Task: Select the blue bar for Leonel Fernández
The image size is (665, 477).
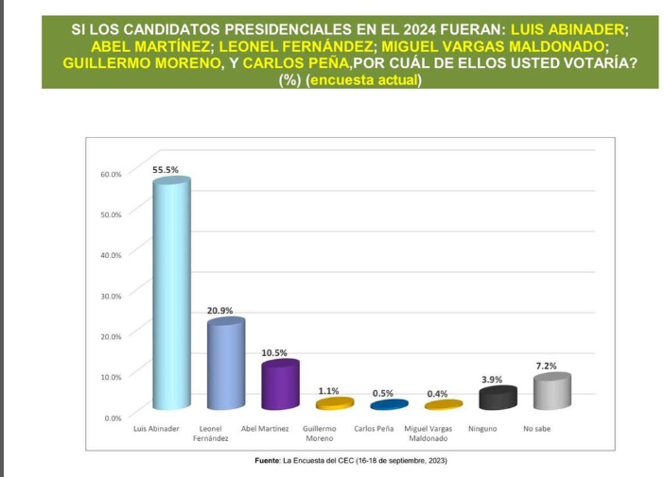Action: coord(226,365)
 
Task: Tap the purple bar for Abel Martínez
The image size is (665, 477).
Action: coord(280,385)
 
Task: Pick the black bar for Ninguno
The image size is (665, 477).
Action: coord(497,398)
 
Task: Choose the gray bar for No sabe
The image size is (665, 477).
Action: coord(551,391)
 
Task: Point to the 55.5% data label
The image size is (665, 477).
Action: coord(166,169)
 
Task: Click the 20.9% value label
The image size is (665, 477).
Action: coord(219,310)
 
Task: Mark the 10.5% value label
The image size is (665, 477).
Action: coord(274,352)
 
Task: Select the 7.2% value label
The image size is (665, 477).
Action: coord(546,366)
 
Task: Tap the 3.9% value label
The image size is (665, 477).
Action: coord(491,379)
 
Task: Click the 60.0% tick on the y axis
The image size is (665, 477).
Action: coord(111,174)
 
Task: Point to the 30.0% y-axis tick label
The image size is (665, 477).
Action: coord(111,296)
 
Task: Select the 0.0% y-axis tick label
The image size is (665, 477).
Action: coord(113,417)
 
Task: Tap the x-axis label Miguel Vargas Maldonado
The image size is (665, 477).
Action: coord(428,434)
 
